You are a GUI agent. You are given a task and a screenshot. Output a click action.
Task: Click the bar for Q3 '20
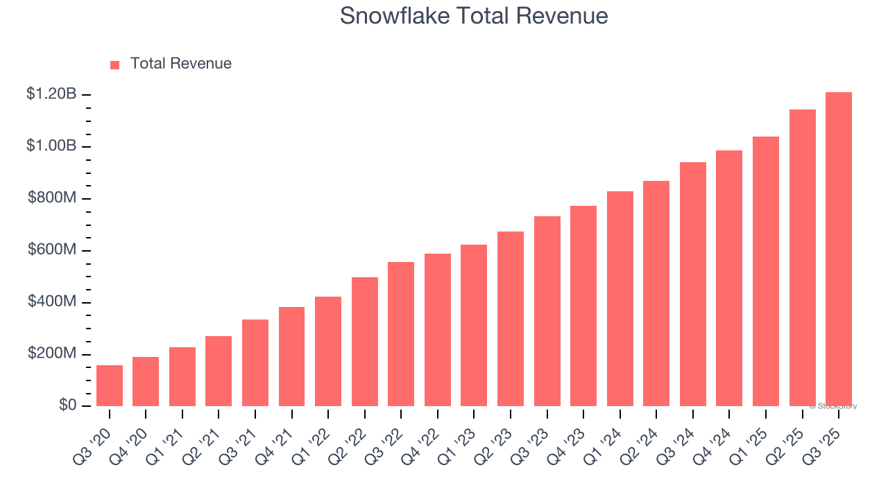click(110, 385)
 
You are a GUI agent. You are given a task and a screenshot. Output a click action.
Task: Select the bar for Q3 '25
click(839, 249)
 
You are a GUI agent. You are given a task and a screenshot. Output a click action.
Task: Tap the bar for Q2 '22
click(365, 342)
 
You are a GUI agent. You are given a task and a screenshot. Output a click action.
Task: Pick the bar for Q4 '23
click(583, 306)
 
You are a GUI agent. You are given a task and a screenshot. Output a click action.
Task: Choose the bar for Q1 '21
click(182, 376)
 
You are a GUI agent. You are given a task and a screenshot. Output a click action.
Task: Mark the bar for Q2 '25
click(803, 258)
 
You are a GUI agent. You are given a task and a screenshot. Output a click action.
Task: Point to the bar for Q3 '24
click(693, 284)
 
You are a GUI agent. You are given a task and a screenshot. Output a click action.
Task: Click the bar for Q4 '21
click(292, 356)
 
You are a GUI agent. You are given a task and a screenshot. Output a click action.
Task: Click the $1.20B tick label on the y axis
click(51, 94)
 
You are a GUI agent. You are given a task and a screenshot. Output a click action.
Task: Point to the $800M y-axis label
click(52, 198)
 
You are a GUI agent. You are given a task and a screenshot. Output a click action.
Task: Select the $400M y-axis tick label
click(52, 301)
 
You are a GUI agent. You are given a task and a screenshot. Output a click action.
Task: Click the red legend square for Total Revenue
click(115, 65)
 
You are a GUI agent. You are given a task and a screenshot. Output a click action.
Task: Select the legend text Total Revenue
click(181, 64)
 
